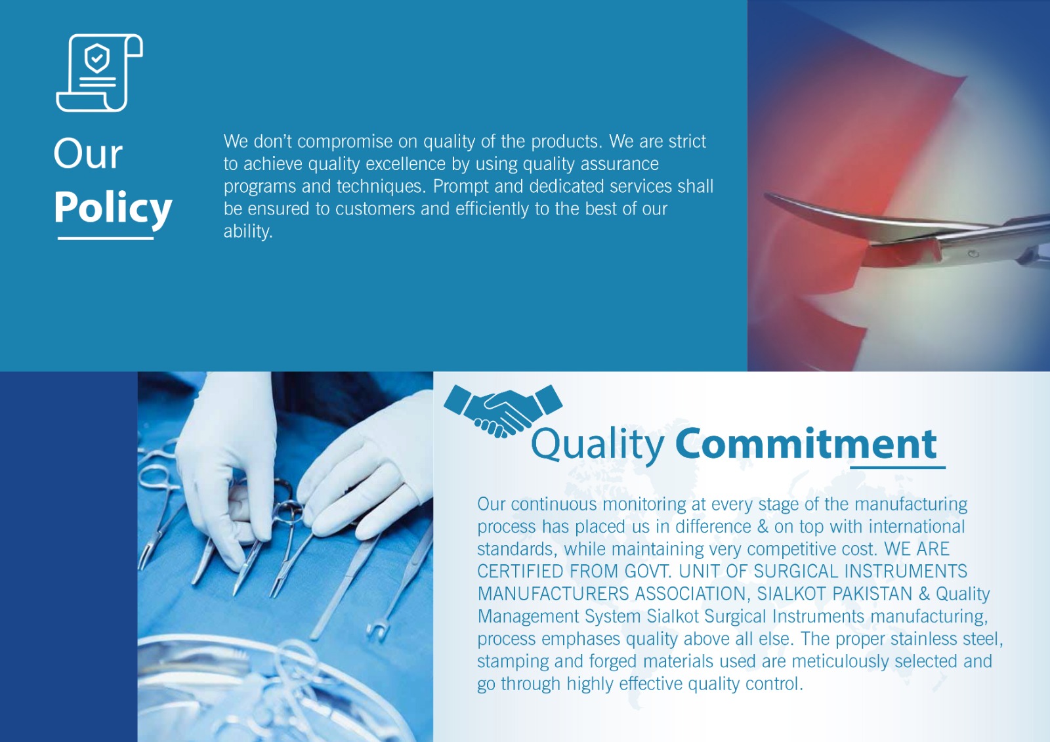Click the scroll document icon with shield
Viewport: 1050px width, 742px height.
[99, 73]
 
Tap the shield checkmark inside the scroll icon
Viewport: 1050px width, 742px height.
[97, 58]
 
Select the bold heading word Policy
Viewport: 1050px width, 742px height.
[113, 209]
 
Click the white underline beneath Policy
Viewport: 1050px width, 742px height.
[106, 239]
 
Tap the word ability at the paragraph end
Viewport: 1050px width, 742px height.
[248, 232]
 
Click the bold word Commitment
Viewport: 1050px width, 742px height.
[807, 443]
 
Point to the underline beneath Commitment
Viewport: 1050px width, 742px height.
[898, 467]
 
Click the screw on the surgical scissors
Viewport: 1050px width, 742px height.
[974, 254]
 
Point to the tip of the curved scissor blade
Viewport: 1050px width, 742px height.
[765, 195]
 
